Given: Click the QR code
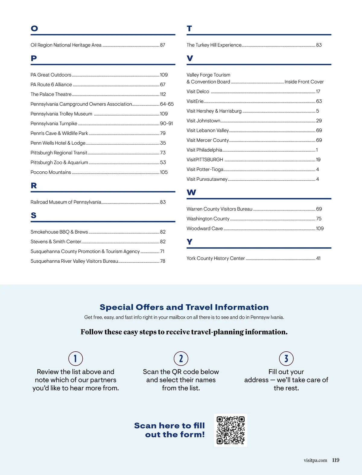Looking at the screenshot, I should (230, 430).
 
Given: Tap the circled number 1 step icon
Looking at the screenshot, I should (75, 358).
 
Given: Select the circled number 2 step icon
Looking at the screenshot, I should (181, 358).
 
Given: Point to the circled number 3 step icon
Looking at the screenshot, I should (286, 358).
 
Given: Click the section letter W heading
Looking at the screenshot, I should (191, 192).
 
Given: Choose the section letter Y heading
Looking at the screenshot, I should (189, 242).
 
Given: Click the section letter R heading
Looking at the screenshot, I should (34, 185).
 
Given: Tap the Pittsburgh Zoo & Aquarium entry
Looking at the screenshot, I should (59, 163).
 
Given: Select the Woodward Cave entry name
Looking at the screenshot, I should (205, 229).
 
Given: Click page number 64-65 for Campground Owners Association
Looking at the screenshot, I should (167, 104).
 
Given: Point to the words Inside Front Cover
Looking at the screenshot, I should (304, 82).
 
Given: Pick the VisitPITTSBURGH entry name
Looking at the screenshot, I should (205, 160).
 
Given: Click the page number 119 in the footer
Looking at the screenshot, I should (335, 460).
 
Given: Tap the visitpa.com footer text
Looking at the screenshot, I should (315, 461).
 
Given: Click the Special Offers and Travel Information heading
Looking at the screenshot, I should (184, 307).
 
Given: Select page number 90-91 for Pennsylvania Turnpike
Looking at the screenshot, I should (167, 124).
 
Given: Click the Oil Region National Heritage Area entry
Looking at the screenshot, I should (66, 45).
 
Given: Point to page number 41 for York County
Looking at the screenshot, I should (318, 258).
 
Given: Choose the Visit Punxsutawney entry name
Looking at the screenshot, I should (207, 179).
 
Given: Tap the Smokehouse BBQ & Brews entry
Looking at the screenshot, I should (59, 232).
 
